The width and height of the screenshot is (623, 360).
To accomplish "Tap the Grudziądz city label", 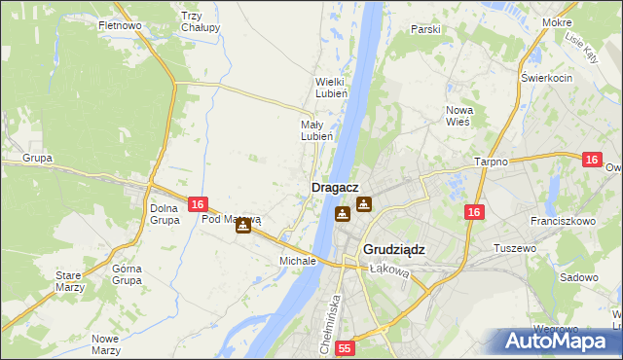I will (x=394, y=249).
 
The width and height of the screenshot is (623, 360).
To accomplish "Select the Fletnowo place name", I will (x=121, y=25).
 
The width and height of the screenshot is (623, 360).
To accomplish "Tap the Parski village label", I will (x=425, y=29).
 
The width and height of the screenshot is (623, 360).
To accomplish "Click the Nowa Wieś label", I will (x=458, y=116).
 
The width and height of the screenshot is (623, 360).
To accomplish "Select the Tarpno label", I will (x=492, y=162).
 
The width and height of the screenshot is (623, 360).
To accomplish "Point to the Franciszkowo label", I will (x=567, y=222).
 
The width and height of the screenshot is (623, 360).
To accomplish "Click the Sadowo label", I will (x=579, y=277).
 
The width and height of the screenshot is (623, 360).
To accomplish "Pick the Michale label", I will (x=298, y=262).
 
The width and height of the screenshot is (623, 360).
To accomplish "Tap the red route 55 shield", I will (x=346, y=347).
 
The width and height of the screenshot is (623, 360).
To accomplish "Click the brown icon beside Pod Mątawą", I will (x=242, y=225).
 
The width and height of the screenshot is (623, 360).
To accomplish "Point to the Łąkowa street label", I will (x=388, y=271).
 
